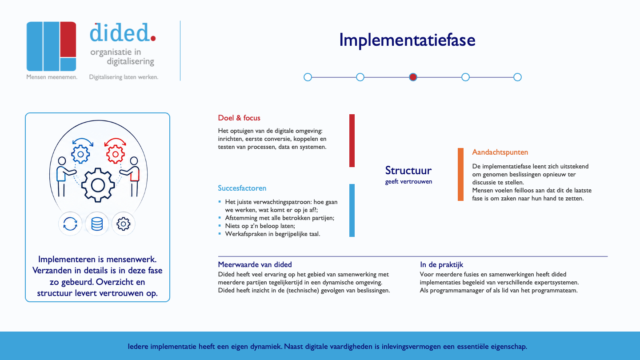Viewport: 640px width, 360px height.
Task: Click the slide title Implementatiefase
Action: pos(407,40)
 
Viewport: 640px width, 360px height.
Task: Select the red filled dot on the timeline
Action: pos(413,77)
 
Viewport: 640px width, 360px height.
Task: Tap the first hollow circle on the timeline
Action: pos(308,77)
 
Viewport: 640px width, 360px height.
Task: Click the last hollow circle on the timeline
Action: pos(517,77)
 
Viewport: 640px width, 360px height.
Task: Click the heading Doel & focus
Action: pos(239,118)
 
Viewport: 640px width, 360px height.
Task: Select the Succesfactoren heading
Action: pos(242,188)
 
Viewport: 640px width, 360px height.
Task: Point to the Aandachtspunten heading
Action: pos(500,152)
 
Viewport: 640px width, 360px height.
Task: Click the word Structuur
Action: pos(408,170)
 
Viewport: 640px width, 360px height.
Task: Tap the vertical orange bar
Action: pos(460,174)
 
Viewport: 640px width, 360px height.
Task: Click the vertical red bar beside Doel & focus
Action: pos(352,140)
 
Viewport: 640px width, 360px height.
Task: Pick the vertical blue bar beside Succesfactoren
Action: pos(352,210)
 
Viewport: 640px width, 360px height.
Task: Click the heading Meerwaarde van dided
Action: pos(255,264)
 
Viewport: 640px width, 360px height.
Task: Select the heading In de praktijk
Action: pos(441,265)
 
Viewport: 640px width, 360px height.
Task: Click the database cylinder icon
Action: pos(97,224)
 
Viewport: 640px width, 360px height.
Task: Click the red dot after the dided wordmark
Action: pos(153,38)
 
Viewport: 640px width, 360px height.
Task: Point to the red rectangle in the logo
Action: pos(68,39)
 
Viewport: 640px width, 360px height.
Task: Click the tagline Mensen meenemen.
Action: pos(52,77)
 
